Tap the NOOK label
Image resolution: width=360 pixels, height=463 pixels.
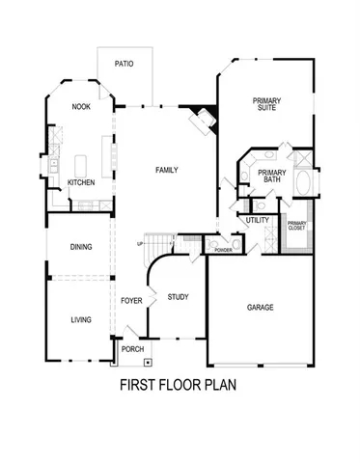[81, 107]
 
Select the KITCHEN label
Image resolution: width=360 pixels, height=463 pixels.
[81, 183]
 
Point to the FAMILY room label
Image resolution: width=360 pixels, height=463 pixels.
[167, 171]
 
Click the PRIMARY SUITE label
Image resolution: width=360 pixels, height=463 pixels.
[267, 104]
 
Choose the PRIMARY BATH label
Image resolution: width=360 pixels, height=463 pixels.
[269, 176]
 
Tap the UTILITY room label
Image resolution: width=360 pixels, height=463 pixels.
[258, 221]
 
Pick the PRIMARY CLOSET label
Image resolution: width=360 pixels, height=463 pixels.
[297, 227]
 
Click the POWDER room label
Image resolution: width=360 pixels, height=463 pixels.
[223, 249]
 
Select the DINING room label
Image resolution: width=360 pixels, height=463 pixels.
[81, 248]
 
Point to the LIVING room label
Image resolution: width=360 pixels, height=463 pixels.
[81, 319]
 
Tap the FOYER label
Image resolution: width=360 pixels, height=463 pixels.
[130, 300]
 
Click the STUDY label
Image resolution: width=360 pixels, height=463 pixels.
[178, 297]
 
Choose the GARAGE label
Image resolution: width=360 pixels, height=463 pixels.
[261, 308]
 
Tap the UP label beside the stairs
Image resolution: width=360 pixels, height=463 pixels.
[141, 244]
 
